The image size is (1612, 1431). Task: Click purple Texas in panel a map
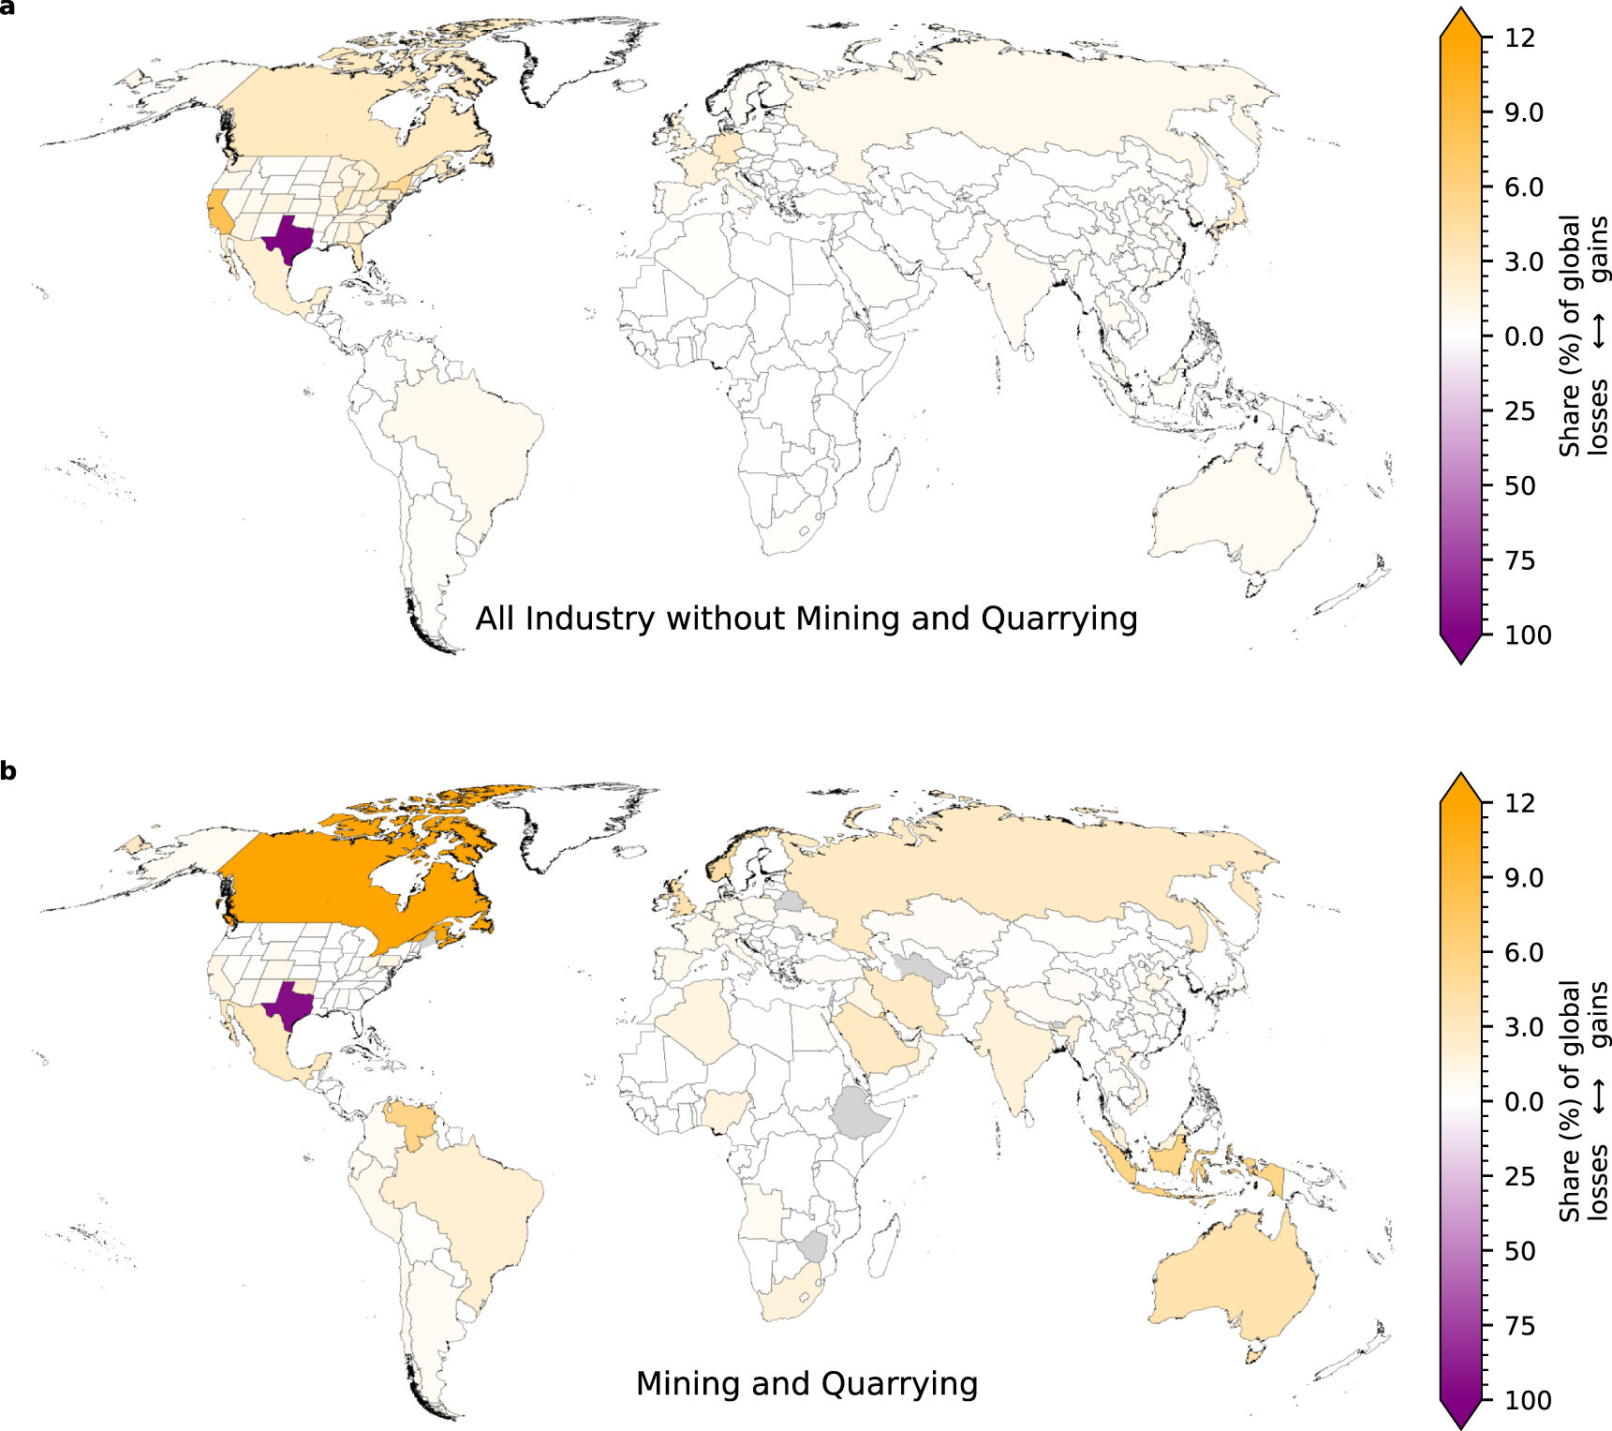[x=288, y=241]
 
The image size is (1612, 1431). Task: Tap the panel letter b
[x=8, y=772]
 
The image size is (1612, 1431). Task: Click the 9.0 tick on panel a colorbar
[x=1523, y=112]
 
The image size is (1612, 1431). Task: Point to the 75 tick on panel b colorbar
[x=1519, y=1326]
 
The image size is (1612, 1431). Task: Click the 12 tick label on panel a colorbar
[x=1519, y=37]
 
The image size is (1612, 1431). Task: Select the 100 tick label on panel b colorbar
[x=1527, y=1400]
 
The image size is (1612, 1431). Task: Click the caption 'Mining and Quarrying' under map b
[x=806, y=1383]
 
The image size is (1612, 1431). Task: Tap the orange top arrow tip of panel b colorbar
[x=1460, y=778]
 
